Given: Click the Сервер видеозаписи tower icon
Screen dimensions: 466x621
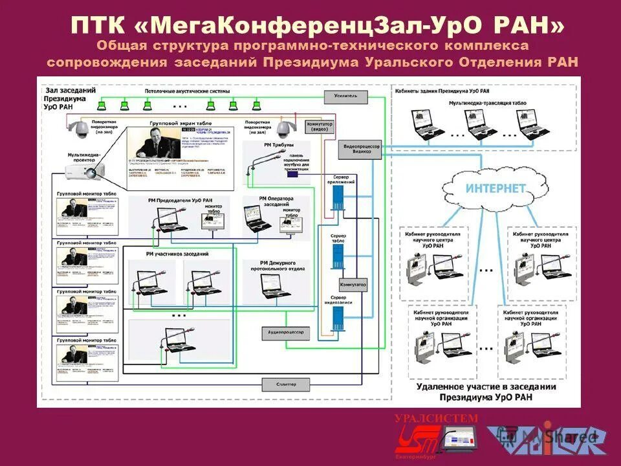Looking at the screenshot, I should (338, 318).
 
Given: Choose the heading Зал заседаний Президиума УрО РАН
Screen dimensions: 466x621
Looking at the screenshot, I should (65, 98).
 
